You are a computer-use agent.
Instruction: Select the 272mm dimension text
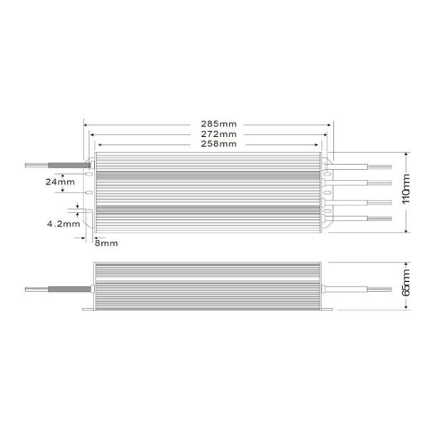click(x=214, y=133)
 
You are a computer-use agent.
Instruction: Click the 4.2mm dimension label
click(x=62, y=224)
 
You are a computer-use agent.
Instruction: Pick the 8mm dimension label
click(x=106, y=243)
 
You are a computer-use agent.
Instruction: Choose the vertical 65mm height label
click(x=407, y=286)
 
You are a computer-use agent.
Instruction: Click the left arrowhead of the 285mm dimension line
click(x=87, y=123)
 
